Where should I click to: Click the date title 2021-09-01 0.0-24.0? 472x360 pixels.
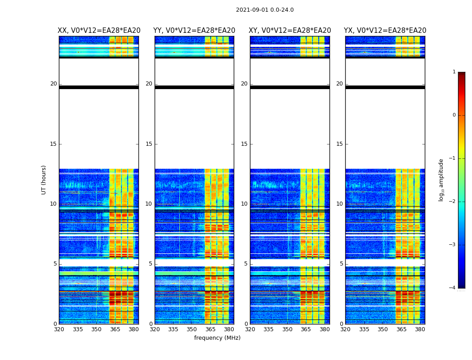coord(265,10)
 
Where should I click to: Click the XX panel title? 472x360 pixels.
coord(99,31)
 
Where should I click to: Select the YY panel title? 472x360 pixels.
coord(194,31)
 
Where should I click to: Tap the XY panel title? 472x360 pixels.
coord(290,31)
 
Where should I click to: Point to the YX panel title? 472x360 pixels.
coord(385,31)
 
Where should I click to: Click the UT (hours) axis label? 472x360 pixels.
coord(44,180)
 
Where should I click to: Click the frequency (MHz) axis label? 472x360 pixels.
coord(217,338)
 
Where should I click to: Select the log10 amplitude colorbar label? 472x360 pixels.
coord(441,180)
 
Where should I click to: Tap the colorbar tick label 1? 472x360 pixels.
coord(454,72)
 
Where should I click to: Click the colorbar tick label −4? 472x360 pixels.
coord(453,288)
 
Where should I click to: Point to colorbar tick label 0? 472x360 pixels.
coord(454,115)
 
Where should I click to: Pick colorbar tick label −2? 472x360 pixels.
coord(453,202)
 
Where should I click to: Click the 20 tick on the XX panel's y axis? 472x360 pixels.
coord(53,84)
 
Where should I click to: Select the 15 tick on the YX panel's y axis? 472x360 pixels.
coord(340,144)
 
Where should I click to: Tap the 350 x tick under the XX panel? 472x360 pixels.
coord(96,329)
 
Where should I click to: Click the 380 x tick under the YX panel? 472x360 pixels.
coord(420,329)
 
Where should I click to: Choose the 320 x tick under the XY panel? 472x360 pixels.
coord(250,329)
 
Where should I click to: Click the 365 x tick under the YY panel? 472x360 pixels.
coord(210,329)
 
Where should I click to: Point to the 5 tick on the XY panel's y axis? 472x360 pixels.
coord(246,264)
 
